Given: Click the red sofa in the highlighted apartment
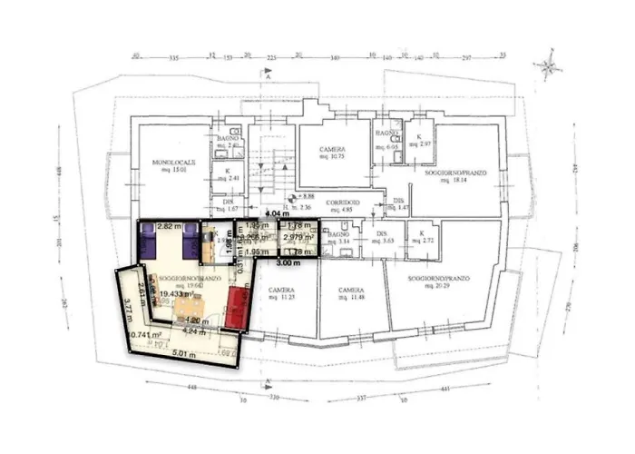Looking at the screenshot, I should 239,306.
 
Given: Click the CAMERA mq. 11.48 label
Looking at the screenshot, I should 351,294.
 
